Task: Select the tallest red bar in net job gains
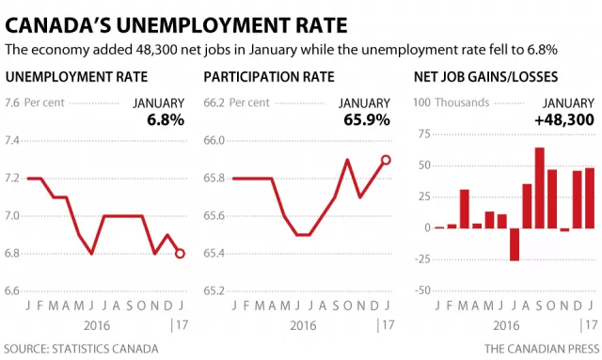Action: [x=539, y=188]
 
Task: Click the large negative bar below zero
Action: [x=515, y=244]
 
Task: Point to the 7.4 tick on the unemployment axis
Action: [x=12, y=140]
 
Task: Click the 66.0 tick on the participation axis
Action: [x=214, y=140]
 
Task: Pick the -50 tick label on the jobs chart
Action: [x=422, y=290]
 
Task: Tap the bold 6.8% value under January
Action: [x=166, y=120]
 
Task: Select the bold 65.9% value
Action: [x=367, y=120]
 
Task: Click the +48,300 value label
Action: [x=564, y=120]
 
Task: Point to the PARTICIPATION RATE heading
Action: [x=269, y=77]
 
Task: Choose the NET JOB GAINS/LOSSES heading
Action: [x=485, y=77]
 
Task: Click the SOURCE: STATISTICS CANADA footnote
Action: [x=81, y=349]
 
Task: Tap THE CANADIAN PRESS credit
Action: [x=542, y=349]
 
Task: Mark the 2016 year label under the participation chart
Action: [x=303, y=325]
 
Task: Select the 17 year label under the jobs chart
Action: [x=591, y=325]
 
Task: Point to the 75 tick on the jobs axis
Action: [x=424, y=134]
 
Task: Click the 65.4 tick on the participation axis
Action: [x=214, y=253]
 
